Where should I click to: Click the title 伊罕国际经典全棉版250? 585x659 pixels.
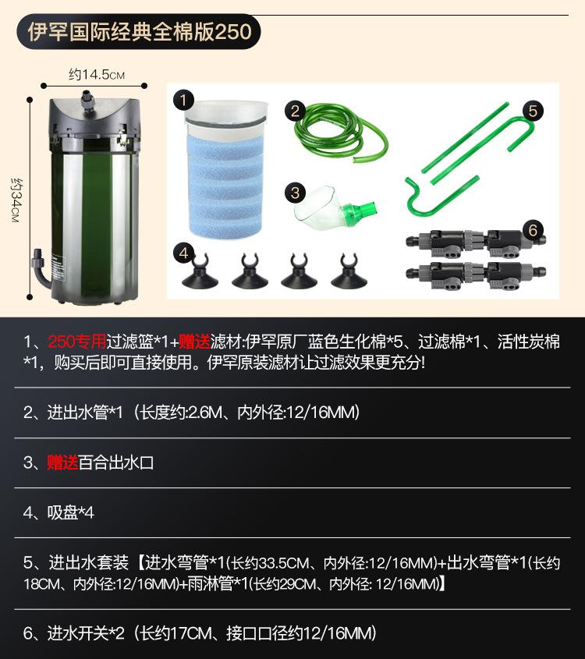point(140,33)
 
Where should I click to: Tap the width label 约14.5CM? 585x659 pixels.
point(96,75)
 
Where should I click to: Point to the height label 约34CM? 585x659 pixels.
point(15,200)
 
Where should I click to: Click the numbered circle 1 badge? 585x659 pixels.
point(183,100)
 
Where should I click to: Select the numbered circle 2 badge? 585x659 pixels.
point(295,110)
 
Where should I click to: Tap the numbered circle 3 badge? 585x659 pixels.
point(295,192)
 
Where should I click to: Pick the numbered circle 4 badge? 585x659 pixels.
point(183,253)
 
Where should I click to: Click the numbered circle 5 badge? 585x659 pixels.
point(533,110)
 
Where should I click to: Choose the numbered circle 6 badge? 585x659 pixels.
point(533,230)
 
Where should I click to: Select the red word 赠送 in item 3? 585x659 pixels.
point(62,462)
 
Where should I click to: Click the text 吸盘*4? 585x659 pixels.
point(70,512)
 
